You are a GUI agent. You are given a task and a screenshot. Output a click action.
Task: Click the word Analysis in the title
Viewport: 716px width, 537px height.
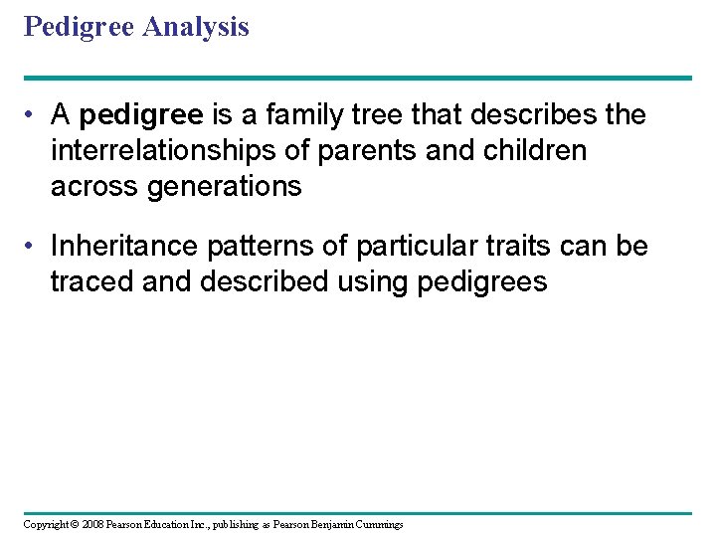[195, 27]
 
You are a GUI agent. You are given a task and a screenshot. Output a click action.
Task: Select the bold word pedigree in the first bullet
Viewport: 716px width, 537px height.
[140, 115]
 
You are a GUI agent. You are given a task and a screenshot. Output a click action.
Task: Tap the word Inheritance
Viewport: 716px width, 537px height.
[123, 246]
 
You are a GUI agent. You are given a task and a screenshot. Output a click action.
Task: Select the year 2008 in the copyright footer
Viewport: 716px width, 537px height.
[90, 524]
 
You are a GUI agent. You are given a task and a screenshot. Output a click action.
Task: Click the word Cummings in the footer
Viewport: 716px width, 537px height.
[379, 524]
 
